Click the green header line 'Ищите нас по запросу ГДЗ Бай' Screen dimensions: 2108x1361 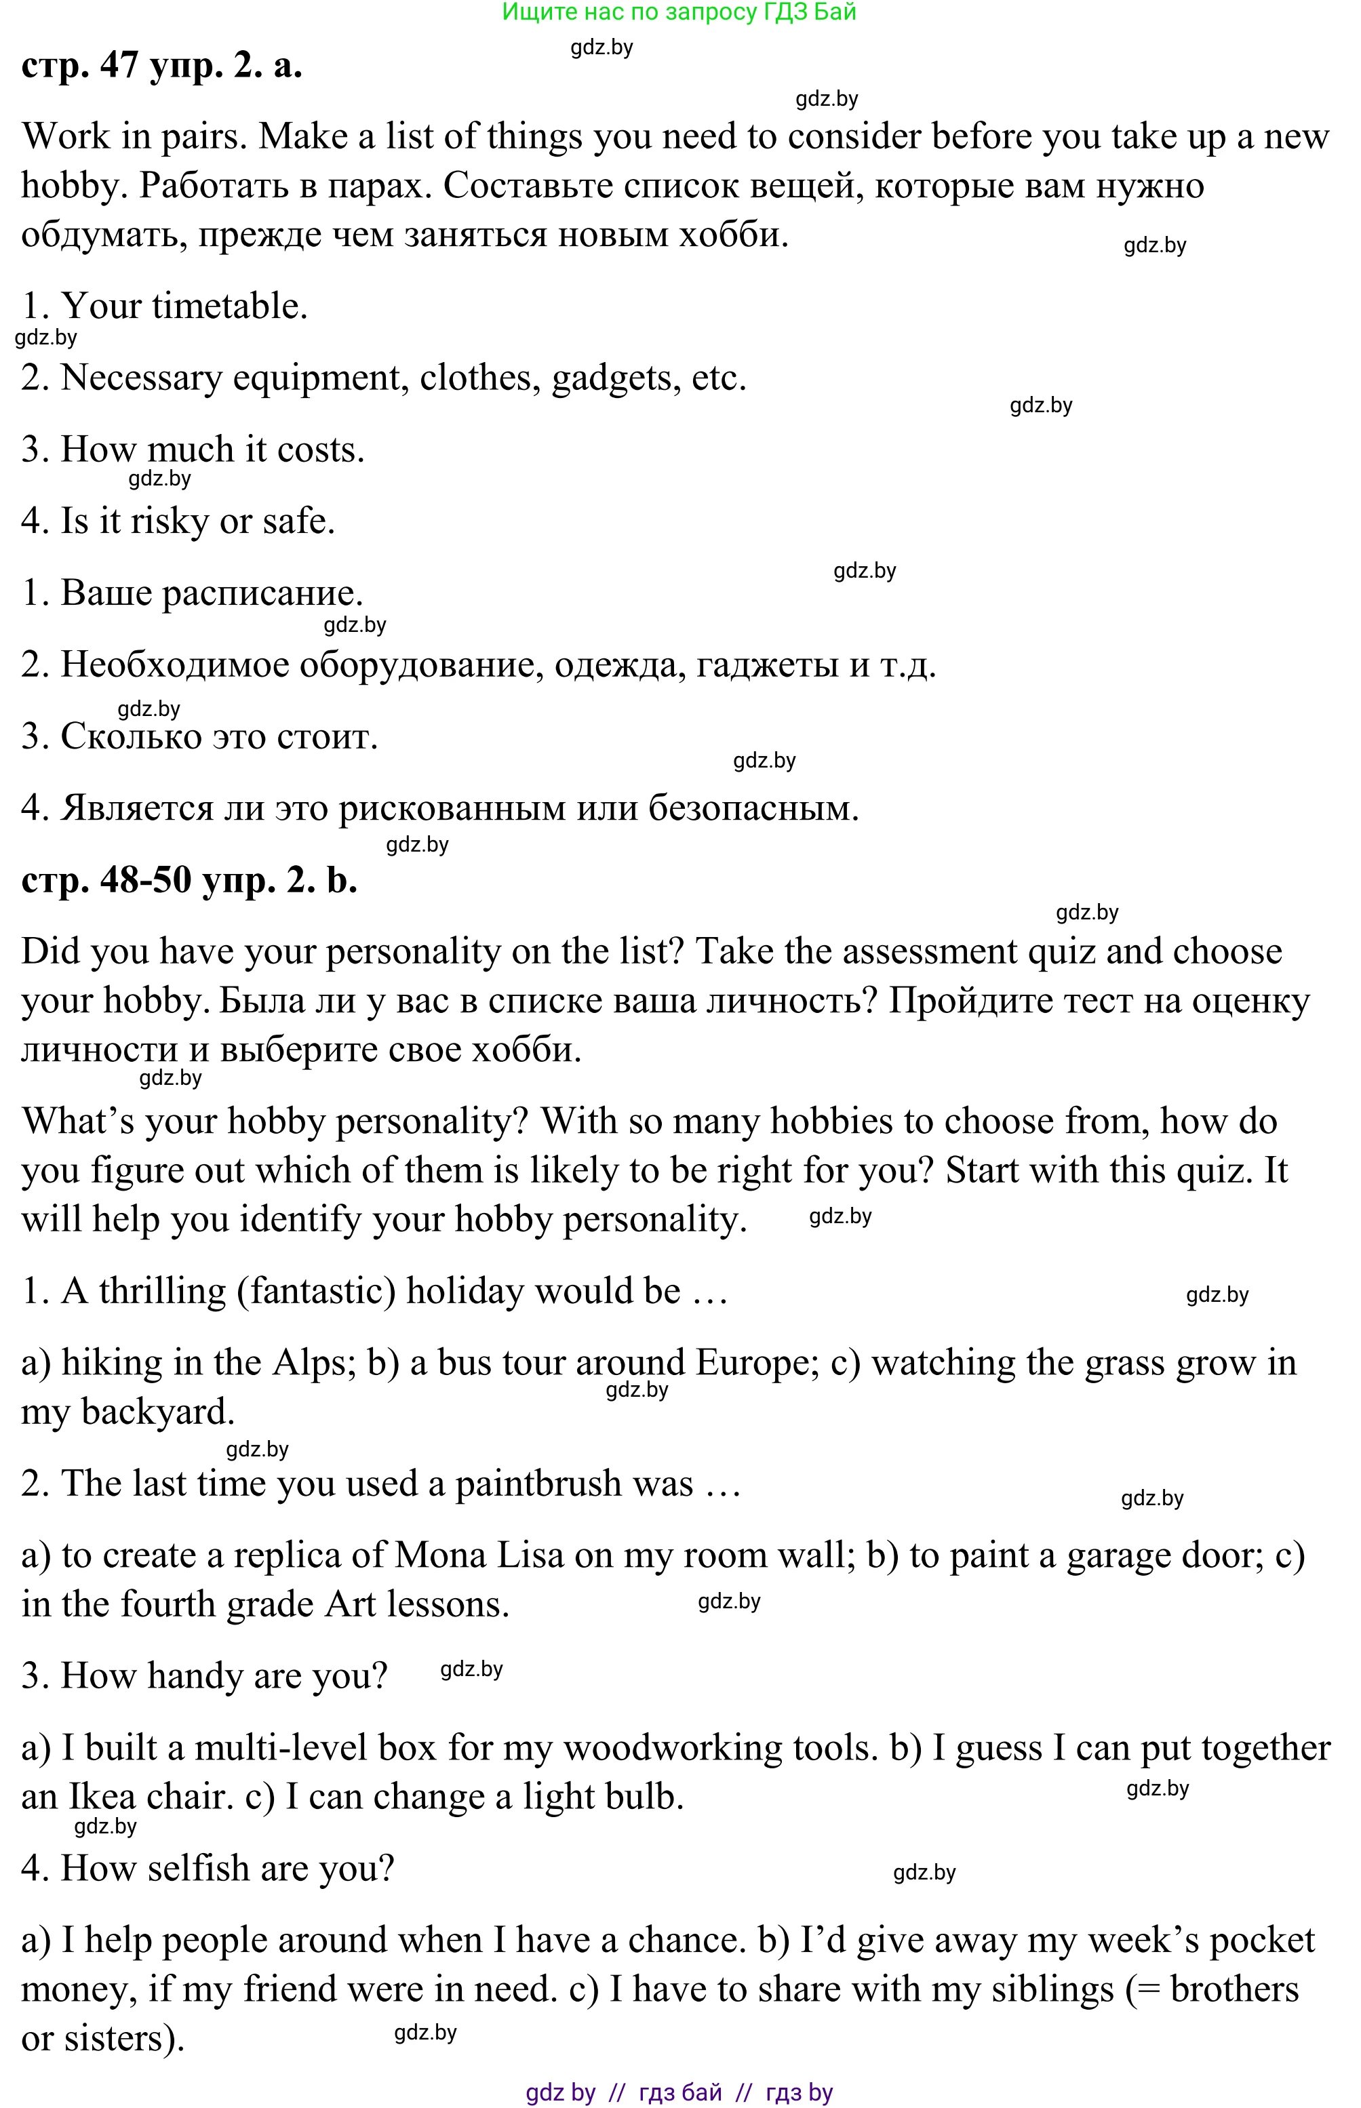(679, 12)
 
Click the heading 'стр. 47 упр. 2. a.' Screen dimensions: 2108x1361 (161, 65)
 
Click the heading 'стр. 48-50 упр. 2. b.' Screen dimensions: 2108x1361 (189, 880)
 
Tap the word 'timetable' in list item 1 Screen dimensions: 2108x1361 (229, 306)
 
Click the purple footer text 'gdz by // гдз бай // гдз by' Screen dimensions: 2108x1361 (679, 2092)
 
